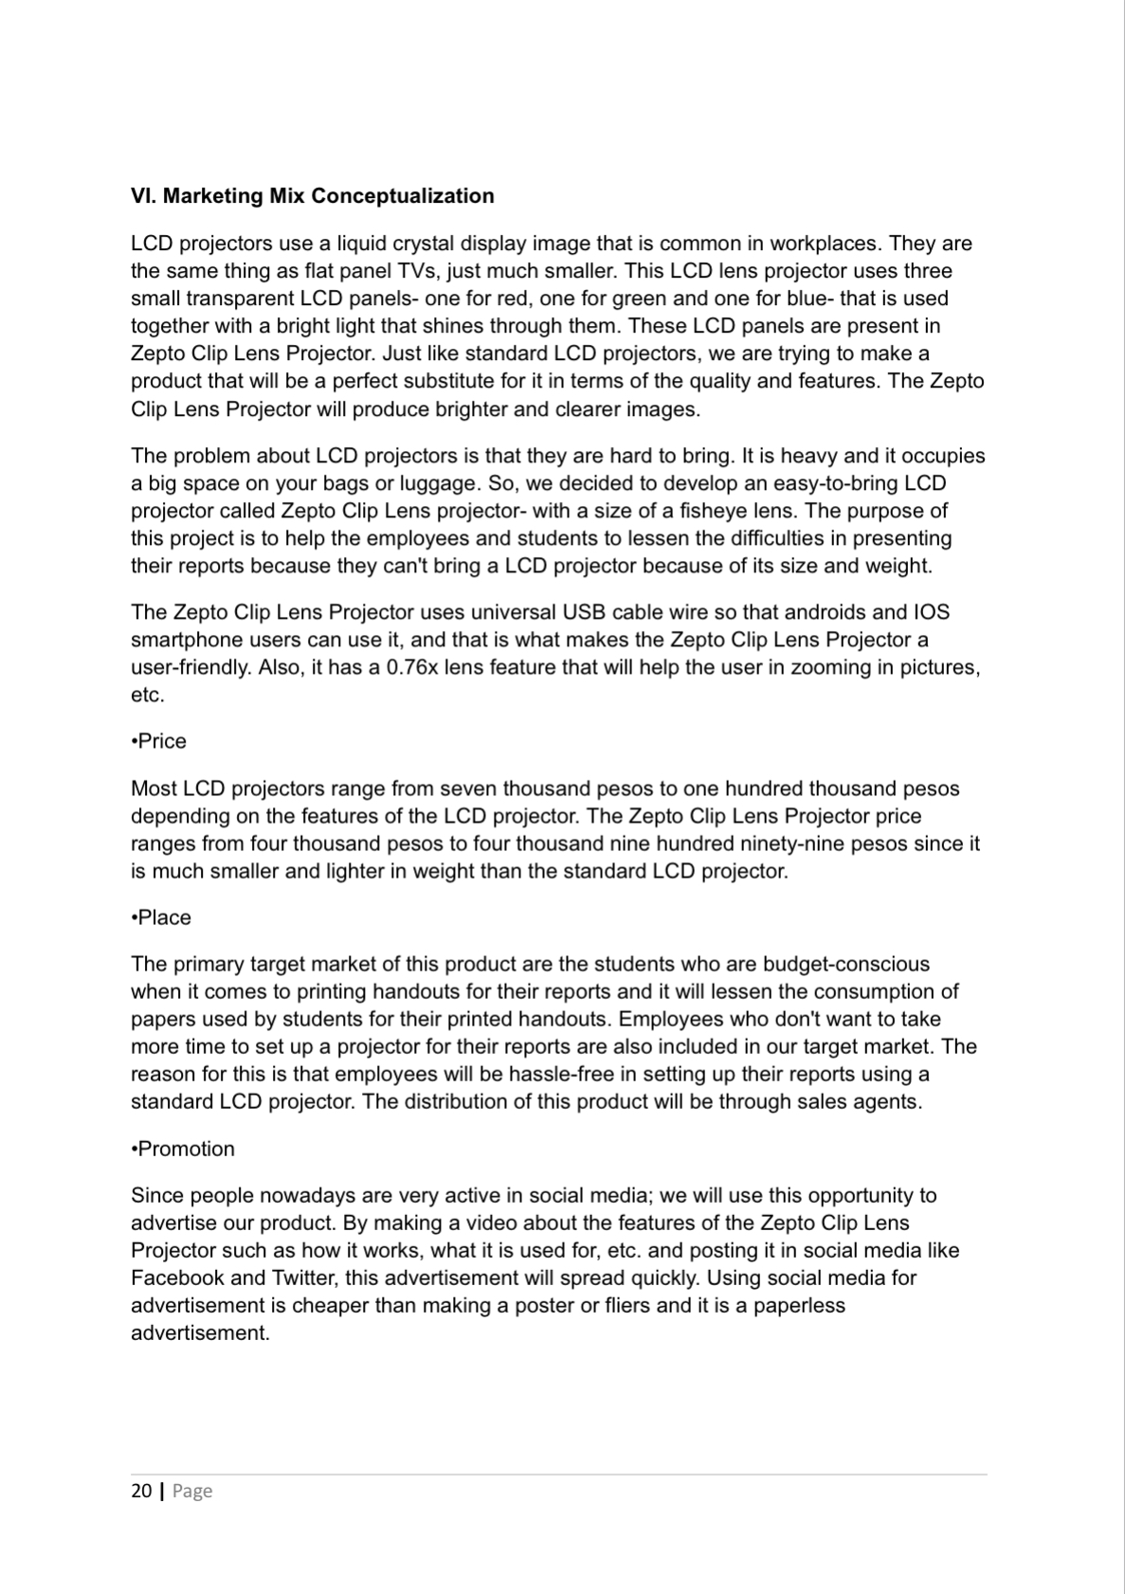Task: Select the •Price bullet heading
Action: point(159,741)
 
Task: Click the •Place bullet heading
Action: point(161,917)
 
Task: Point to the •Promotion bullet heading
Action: point(183,1149)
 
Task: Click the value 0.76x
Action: point(413,667)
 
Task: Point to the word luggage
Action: point(428,483)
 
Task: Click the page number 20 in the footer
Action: point(141,1491)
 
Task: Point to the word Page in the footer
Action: point(192,1491)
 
